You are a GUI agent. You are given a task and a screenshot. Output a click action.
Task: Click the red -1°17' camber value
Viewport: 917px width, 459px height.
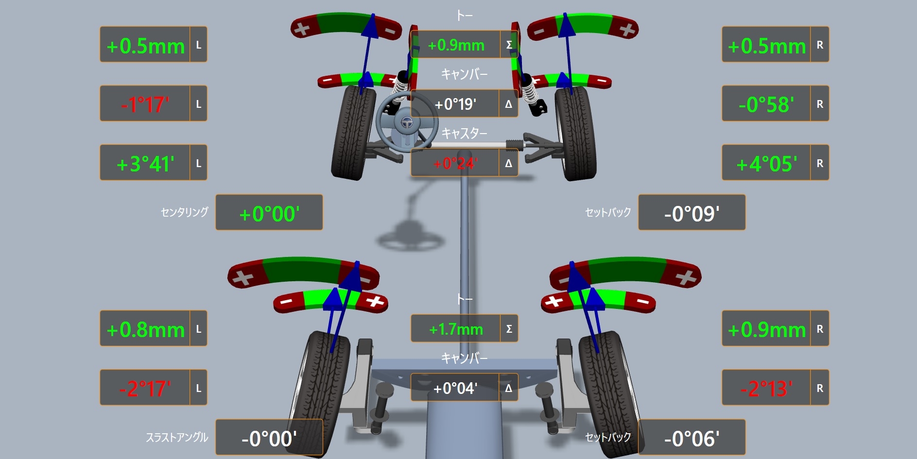(x=145, y=104)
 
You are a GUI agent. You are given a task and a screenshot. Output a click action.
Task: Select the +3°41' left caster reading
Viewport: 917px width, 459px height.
(x=145, y=164)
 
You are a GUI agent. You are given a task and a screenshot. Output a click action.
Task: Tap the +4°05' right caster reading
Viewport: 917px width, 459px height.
(x=767, y=164)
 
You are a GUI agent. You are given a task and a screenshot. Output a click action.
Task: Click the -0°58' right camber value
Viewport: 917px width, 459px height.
(x=766, y=104)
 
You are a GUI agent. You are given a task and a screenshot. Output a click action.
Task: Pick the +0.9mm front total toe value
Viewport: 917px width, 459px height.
(x=456, y=45)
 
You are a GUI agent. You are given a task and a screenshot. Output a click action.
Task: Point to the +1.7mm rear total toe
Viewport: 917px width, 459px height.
(x=456, y=329)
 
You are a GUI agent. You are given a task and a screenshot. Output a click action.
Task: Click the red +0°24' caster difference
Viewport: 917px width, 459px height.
(x=455, y=163)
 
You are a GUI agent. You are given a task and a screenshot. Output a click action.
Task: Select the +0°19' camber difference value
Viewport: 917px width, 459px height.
(x=455, y=104)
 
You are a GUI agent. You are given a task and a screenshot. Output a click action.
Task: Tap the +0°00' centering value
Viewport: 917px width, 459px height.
(x=269, y=214)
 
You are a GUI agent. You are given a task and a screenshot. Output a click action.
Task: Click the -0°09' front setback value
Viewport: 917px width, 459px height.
(x=692, y=214)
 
